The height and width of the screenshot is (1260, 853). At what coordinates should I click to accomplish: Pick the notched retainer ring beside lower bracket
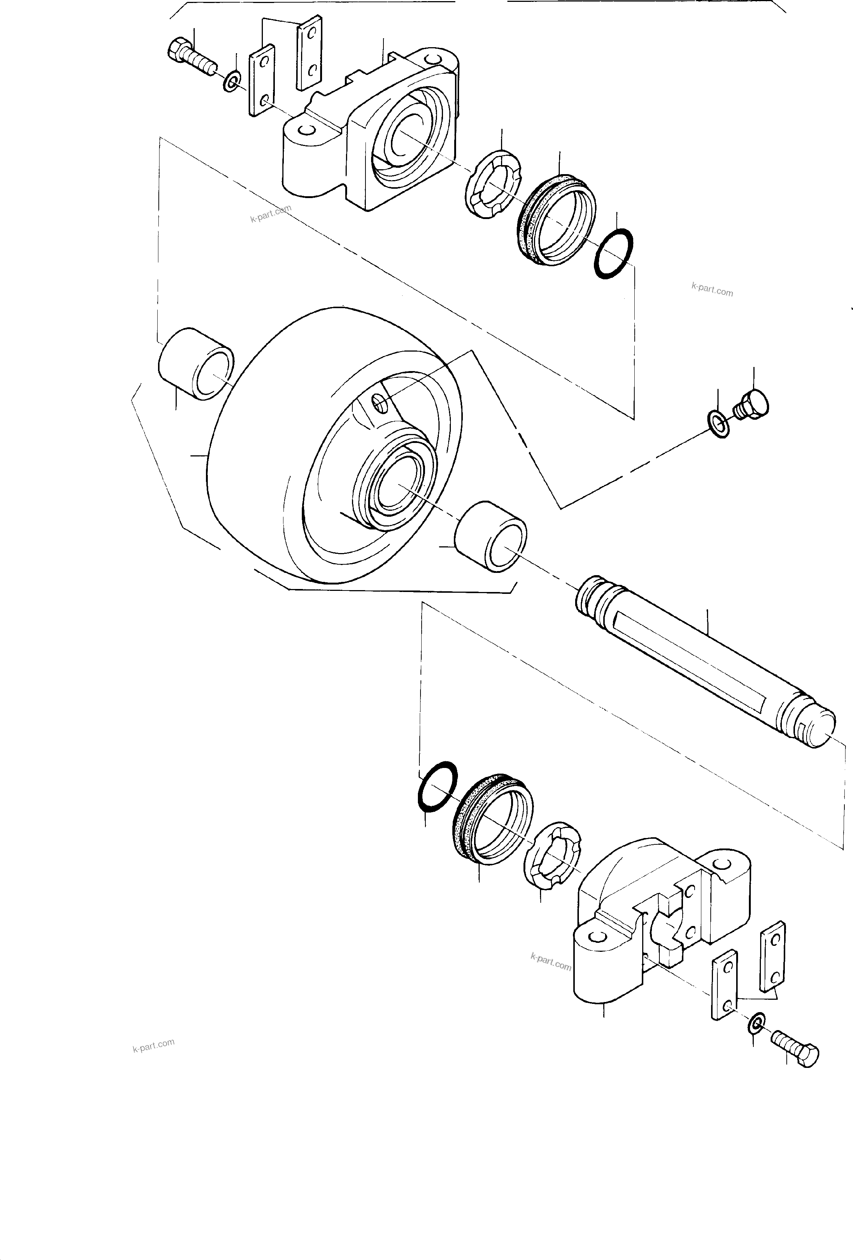tap(552, 856)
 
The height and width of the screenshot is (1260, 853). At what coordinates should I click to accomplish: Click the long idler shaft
tap(705, 661)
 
